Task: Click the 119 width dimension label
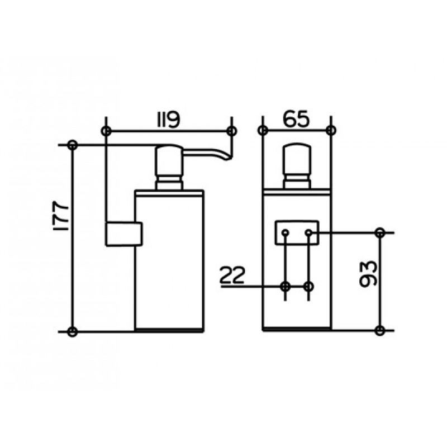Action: click(x=169, y=120)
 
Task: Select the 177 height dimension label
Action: click(x=61, y=216)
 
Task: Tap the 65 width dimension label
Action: click(x=296, y=119)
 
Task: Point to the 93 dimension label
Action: click(x=368, y=273)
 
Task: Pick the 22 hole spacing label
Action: click(x=232, y=276)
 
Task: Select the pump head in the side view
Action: click(x=169, y=161)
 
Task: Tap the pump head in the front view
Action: click(x=297, y=160)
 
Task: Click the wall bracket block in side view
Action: click(x=123, y=234)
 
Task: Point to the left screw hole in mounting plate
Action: click(x=285, y=233)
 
